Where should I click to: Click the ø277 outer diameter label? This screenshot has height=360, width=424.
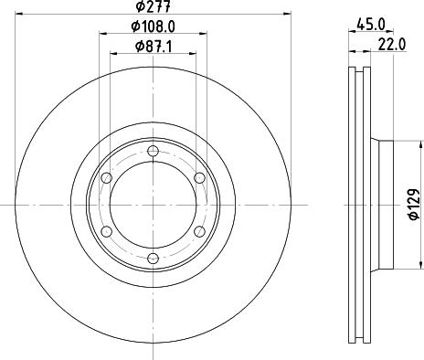coord(152,9)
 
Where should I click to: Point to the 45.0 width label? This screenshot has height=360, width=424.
coord(370,26)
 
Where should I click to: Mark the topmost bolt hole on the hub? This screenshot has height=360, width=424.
coord(153,151)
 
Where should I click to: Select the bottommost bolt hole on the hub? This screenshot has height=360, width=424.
coord(153,259)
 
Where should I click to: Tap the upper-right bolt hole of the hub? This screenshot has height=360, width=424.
coord(199,178)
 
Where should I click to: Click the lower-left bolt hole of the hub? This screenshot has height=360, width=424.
coord(106,232)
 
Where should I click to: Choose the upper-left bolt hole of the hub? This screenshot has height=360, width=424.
coord(106,178)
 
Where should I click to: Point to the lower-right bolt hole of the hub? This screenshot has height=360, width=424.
coord(199,232)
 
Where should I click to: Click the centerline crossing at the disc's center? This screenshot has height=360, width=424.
coord(153,205)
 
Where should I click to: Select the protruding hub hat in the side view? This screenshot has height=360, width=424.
coord(384,205)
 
